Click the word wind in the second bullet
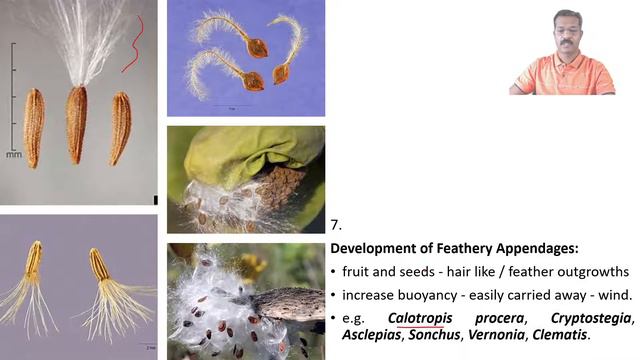click(612, 295)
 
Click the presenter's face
click(566, 38)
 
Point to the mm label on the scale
click(13, 155)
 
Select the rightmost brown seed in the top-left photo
click(120, 127)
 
